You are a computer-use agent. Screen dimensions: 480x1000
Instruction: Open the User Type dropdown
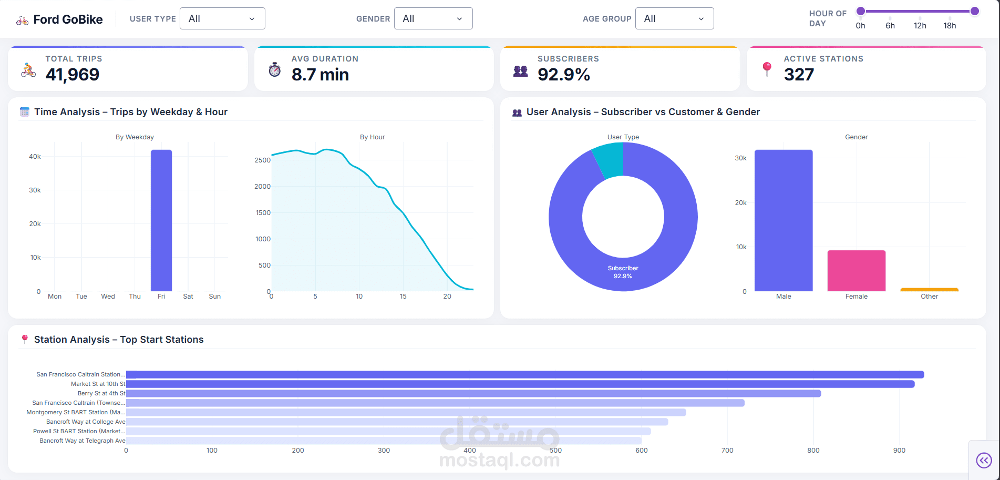coord(222,19)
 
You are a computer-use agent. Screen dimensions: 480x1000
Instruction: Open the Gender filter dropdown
coord(433,19)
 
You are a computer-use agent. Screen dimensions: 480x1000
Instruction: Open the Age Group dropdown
coord(674,19)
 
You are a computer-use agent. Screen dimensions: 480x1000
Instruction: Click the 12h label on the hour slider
coord(920,26)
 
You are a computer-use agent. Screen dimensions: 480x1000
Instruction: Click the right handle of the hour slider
coord(975,11)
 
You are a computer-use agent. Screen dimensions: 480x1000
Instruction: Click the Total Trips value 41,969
coord(73,75)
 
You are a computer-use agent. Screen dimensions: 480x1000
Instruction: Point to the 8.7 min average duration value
coord(320,75)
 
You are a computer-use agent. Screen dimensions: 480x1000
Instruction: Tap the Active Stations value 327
coord(799,75)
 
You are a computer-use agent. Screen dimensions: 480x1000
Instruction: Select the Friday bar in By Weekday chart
coord(161,221)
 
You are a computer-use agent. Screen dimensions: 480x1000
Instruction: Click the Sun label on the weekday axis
coord(214,297)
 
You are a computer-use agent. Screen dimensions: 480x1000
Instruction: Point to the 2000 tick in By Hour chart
coord(262,187)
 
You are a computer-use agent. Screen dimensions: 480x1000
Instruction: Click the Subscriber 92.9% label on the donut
coord(623,272)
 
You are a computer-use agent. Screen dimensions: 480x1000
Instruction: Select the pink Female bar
coord(856,271)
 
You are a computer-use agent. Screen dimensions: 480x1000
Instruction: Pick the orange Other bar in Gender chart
coord(929,289)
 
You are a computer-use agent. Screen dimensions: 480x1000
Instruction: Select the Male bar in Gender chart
coord(783,221)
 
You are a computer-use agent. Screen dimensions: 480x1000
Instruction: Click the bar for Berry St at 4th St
coord(473,393)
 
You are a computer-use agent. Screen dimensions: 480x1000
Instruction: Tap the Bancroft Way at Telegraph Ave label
coord(83,441)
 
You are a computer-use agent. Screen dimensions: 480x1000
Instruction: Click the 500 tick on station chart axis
coord(555,451)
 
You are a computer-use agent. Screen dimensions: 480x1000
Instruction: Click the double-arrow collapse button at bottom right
coord(984,461)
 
